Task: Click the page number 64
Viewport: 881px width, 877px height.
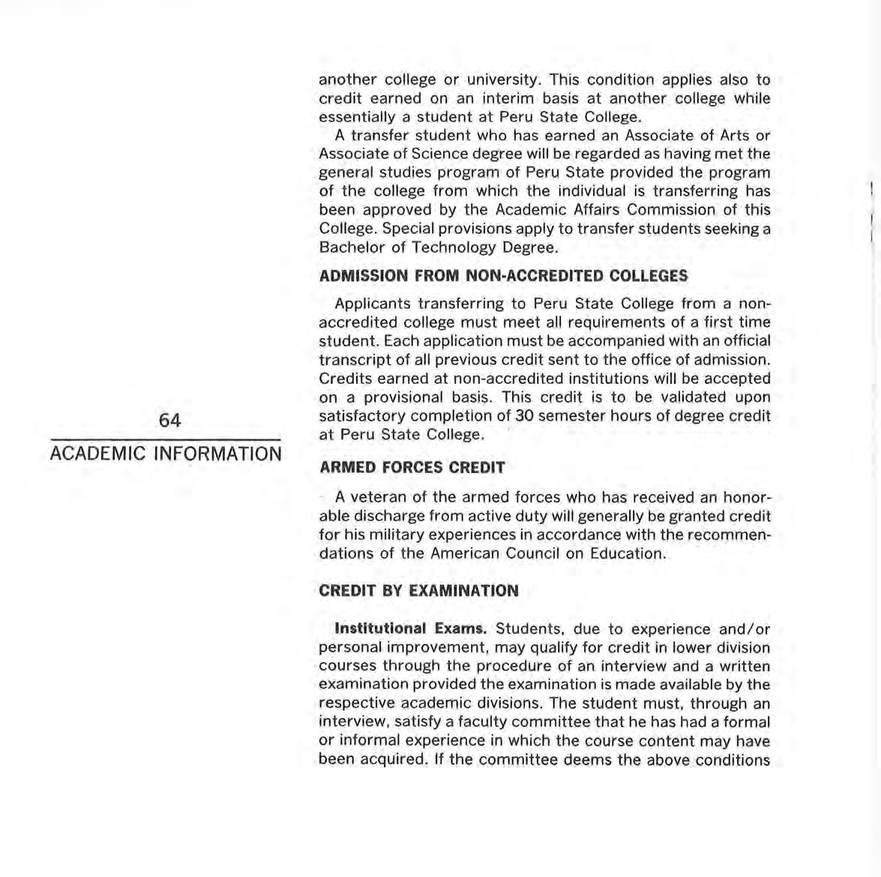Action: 170,421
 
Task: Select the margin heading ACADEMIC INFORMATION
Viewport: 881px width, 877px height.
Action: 166,453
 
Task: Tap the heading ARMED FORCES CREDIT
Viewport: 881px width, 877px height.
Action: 412,468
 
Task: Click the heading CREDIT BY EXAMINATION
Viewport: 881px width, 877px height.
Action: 418,591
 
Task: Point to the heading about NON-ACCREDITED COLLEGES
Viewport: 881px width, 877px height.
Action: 503,276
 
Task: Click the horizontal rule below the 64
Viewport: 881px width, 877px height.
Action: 166,439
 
